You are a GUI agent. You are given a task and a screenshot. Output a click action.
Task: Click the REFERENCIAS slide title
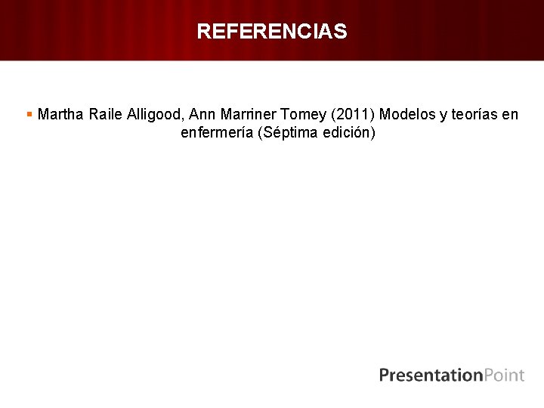coord(272,32)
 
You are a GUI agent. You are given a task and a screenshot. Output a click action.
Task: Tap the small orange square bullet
coord(29,114)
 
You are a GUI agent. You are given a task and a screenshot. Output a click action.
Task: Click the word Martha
coord(60,115)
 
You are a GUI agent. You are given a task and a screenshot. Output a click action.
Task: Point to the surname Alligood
coord(156,115)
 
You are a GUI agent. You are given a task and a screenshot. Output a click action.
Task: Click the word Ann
coord(202,115)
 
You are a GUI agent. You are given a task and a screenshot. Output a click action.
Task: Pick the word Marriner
coord(246,115)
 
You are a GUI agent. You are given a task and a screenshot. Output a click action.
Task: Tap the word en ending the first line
coord(511,115)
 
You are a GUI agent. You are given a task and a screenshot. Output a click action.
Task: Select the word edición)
coord(348,133)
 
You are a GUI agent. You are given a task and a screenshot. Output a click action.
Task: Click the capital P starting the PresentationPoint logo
coord(385,375)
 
